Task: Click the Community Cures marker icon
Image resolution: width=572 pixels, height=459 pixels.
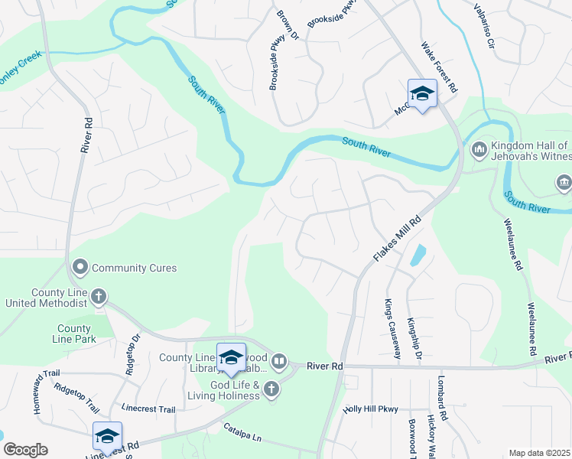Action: click(x=80, y=268)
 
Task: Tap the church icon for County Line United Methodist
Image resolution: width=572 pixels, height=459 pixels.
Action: click(x=99, y=296)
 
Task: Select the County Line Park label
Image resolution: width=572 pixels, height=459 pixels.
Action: click(x=73, y=334)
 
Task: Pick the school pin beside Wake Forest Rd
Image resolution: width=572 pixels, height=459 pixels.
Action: click(x=422, y=94)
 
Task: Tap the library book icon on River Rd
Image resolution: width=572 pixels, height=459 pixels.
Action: click(x=279, y=360)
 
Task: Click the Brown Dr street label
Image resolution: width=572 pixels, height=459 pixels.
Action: click(x=288, y=24)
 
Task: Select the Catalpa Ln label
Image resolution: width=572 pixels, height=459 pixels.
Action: click(x=242, y=432)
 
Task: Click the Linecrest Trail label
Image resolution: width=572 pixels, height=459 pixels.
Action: click(x=148, y=409)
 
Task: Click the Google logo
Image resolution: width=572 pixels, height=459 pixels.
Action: click(x=25, y=450)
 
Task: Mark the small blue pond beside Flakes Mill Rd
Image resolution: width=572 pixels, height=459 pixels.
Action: click(x=418, y=255)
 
